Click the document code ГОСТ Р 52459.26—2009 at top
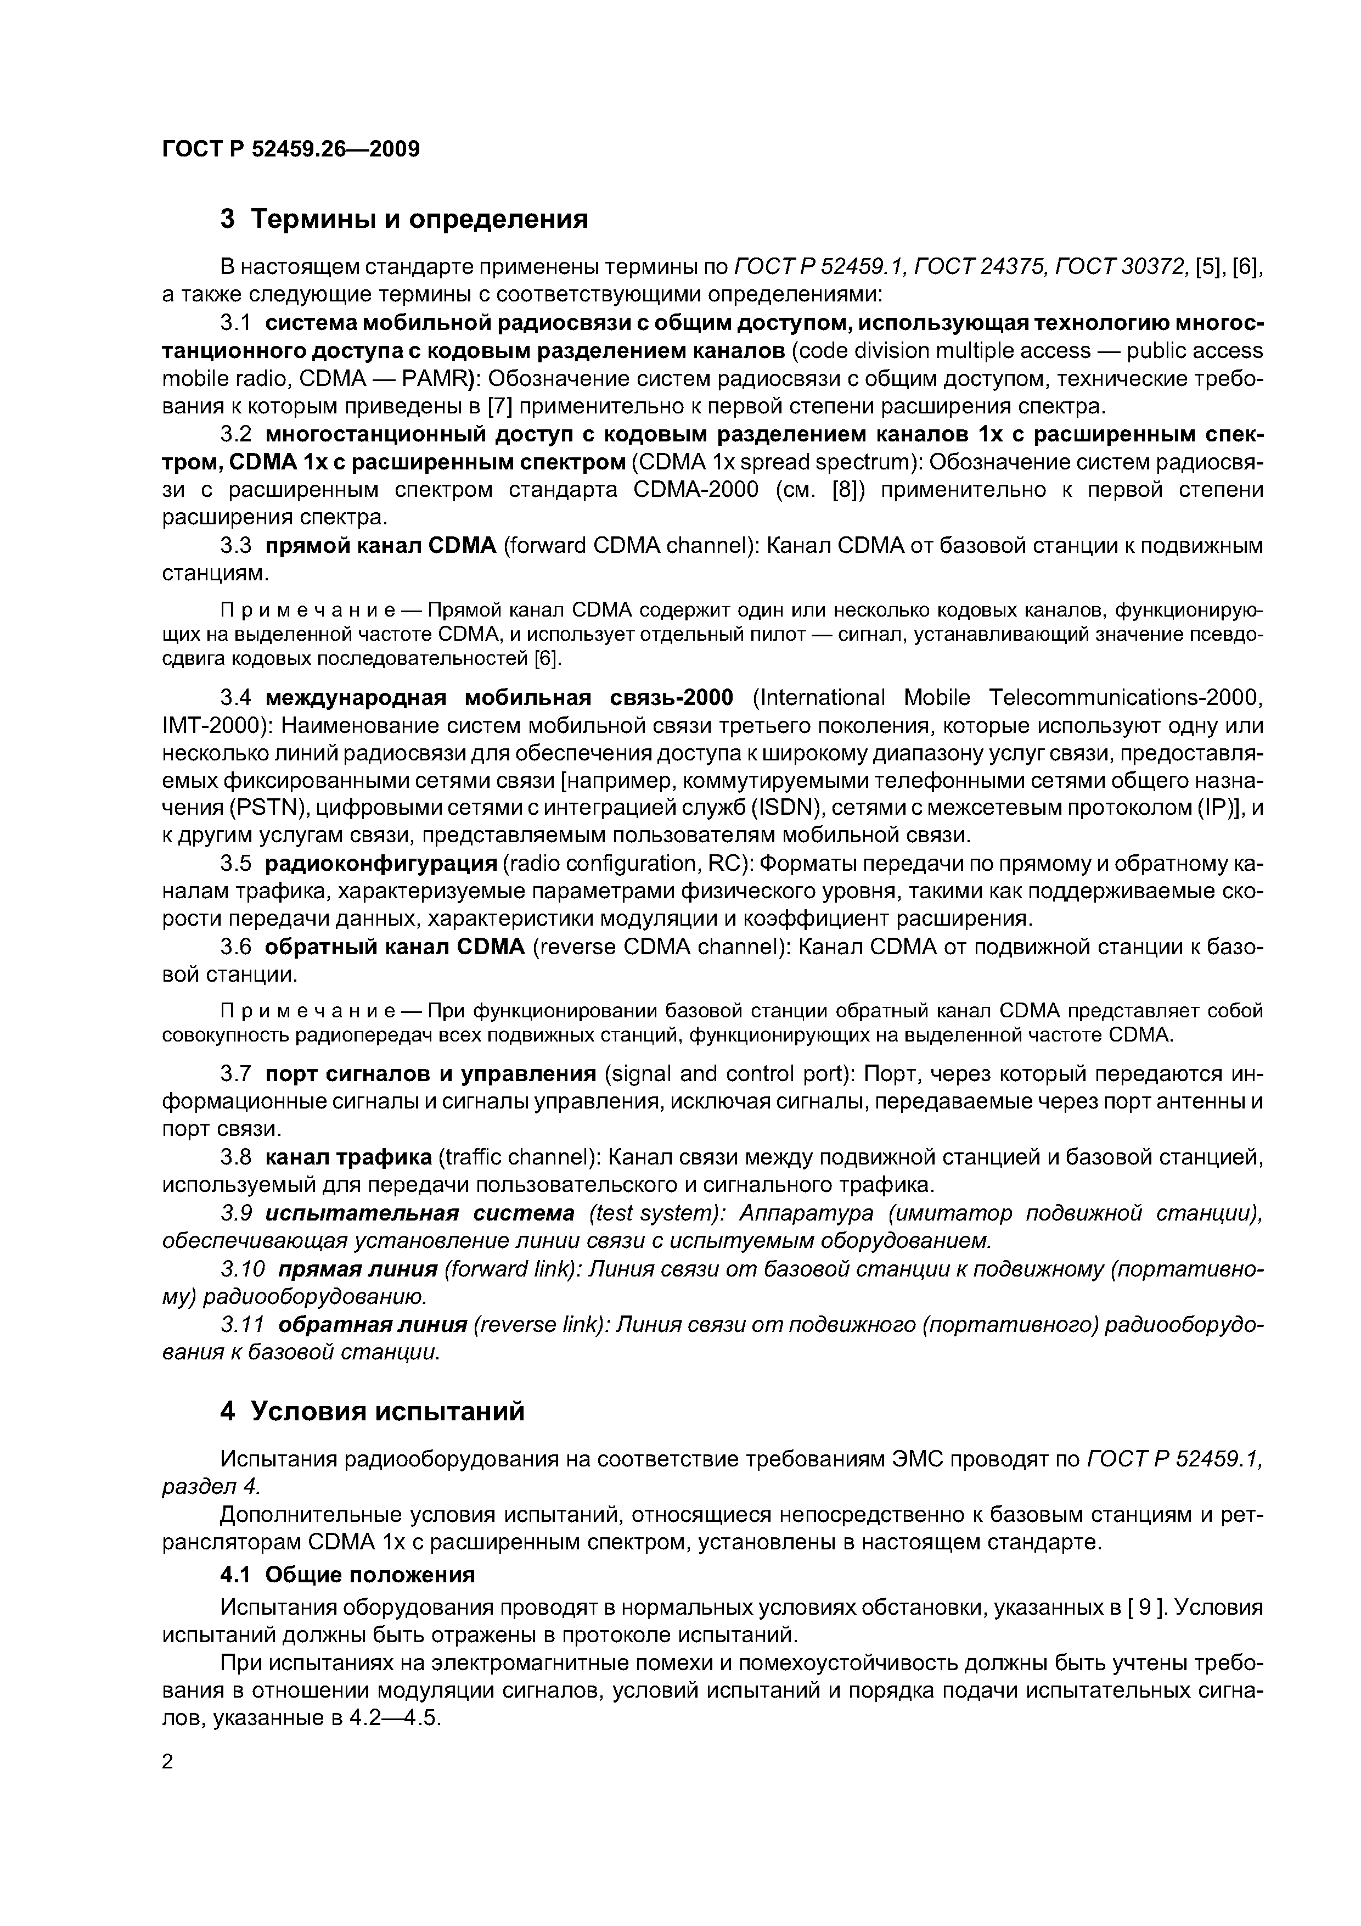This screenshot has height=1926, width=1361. click(x=290, y=149)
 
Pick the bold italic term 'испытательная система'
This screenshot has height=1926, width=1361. click(x=419, y=1214)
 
